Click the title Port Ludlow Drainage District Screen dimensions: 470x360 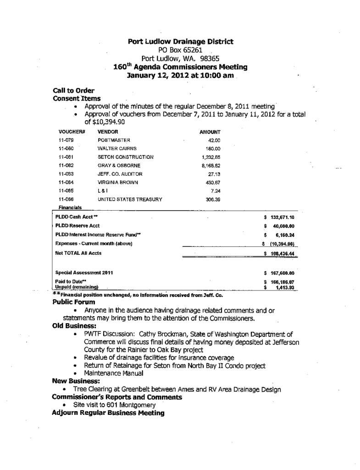coord(180,41)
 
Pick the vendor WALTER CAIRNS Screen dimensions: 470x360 coord(117,148)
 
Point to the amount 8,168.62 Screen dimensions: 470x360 coord(211,166)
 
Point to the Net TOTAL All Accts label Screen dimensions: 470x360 coord(78,253)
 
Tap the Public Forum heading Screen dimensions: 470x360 coord(74,302)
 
